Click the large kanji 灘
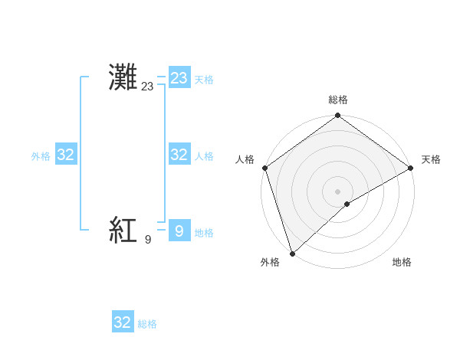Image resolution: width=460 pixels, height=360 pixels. point(123,78)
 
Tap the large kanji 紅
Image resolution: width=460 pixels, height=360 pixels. point(123,231)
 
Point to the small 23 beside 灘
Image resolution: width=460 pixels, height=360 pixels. point(147,87)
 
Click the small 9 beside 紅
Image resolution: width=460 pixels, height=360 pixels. point(147,240)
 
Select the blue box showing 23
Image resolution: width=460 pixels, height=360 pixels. point(179,78)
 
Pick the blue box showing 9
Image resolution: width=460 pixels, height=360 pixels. point(179,231)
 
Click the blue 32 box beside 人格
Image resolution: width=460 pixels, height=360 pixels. point(179,155)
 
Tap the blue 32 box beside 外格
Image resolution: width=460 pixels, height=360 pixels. point(66,155)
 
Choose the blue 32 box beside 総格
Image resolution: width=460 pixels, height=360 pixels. point(123,322)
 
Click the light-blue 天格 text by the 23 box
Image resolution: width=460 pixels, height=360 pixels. point(204,80)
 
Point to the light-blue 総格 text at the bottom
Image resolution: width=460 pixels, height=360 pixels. point(147,324)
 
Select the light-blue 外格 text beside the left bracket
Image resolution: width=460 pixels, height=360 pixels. point(41,156)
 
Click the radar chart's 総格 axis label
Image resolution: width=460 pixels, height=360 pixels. point(338,100)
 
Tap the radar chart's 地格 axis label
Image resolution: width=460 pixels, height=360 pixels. point(402,262)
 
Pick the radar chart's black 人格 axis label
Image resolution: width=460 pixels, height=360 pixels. point(245,159)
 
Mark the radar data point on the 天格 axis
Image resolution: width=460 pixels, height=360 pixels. point(411,168)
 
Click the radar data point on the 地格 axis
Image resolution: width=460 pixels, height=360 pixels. point(347,204)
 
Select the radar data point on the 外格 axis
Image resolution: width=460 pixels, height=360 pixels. point(292,253)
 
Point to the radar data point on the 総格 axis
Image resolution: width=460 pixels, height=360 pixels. point(338,116)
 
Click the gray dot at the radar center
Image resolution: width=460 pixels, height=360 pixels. point(338,191)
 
